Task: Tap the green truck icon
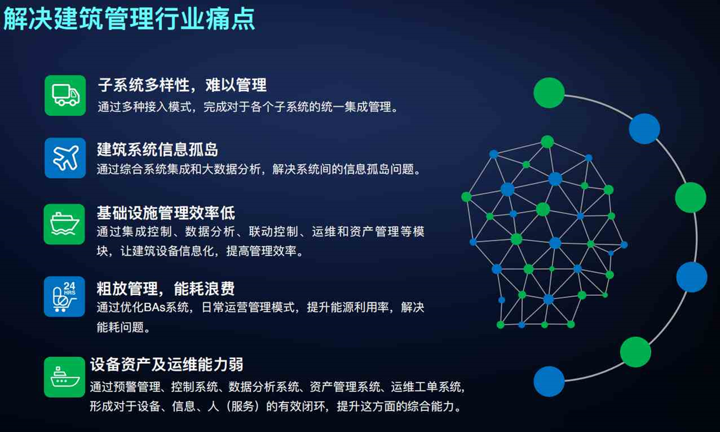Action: (65, 95)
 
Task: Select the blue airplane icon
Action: (65, 158)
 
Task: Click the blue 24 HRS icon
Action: (65, 296)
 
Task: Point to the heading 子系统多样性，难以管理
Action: (182, 85)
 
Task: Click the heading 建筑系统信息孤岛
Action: (157, 149)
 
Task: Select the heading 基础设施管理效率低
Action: (166, 212)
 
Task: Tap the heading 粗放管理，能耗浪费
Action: (166, 288)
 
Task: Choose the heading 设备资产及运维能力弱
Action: (166, 364)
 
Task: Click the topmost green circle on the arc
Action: (549, 92)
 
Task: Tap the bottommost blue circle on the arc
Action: (549, 382)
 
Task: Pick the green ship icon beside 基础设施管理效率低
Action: (65, 224)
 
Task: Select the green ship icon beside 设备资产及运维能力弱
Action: (65, 377)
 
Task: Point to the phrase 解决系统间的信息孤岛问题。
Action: (347, 169)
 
